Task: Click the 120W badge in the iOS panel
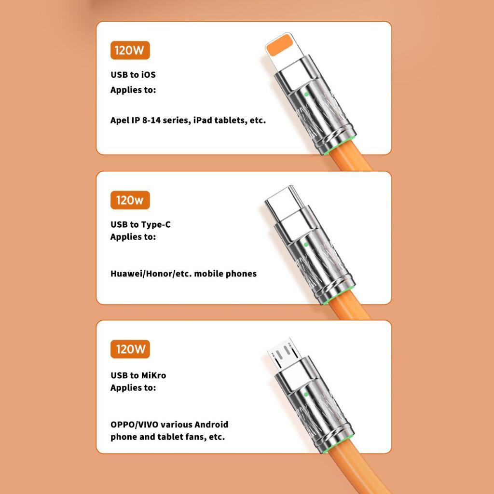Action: point(130,50)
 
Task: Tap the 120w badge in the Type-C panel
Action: point(130,200)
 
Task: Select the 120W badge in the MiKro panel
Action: point(130,349)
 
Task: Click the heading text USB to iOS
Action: point(133,75)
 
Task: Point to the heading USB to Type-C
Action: point(140,225)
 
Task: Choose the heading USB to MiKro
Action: point(138,375)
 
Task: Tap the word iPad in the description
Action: point(203,120)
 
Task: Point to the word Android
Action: point(211,425)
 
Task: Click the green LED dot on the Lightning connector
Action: point(306,94)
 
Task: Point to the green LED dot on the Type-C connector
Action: point(306,245)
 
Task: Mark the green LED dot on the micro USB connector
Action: point(306,394)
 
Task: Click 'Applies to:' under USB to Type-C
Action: point(133,237)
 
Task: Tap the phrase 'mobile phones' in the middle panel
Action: point(225,274)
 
